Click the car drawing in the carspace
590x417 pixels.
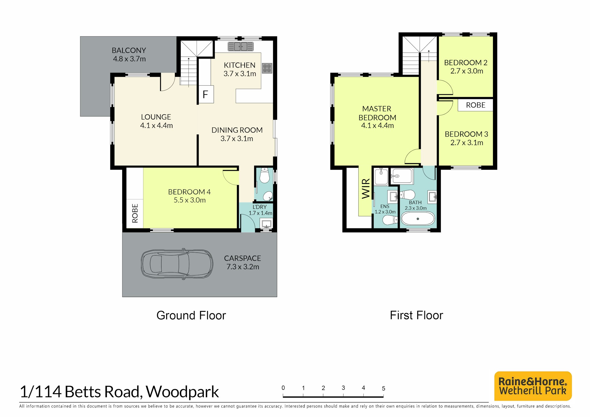point(177,264)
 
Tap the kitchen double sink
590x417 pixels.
point(241,46)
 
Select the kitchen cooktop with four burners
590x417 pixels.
point(267,68)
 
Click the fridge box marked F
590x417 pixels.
point(206,95)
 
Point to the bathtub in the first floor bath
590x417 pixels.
point(418,219)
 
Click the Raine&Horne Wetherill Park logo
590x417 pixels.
point(533,386)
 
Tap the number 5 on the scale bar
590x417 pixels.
point(383,388)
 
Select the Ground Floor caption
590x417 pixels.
point(191,315)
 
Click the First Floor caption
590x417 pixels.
point(416,315)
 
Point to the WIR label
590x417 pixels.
point(366,189)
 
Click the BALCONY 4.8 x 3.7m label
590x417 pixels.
point(129,54)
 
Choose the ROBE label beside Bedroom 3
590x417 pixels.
point(475,105)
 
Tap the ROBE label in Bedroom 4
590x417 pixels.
point(135,213)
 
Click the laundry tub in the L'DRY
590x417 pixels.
point(266,224)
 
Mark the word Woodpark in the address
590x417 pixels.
point(182,392)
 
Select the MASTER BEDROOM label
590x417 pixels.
point(377,117)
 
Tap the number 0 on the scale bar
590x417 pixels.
point(283,388)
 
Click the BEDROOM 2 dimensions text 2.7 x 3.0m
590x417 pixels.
point(467,71)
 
